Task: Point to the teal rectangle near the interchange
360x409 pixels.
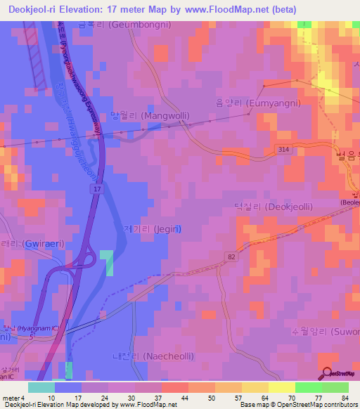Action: [106, 262]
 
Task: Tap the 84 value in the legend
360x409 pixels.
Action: [345, 398]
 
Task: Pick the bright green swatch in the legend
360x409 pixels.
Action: [308, 387]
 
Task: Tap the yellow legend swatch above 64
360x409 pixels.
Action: [255, 387]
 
